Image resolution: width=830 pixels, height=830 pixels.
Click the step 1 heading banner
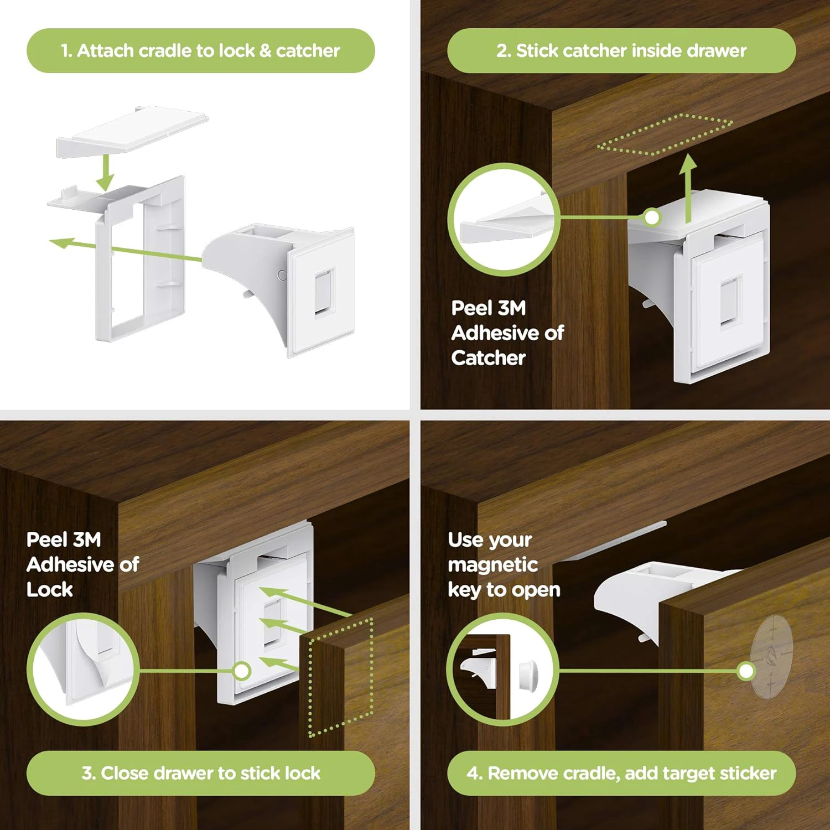coord(200,51)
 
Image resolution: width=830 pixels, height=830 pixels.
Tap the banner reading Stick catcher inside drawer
coord(621,51)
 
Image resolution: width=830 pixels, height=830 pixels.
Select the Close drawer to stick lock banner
coord(200,773)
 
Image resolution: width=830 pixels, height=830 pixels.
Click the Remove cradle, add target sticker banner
coord(621,773)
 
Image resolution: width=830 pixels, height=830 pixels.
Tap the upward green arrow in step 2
coord(688,188)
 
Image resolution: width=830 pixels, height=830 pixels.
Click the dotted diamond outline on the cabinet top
coord(664,135)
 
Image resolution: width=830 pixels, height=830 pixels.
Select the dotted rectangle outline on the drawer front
coord(340,678)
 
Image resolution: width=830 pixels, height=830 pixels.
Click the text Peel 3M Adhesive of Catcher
coord(506,333)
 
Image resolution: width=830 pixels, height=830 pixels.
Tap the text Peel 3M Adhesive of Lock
coord(82,564)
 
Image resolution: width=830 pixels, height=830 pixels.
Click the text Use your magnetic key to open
coord(504,564)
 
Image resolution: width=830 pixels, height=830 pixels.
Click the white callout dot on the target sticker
coord(746,671)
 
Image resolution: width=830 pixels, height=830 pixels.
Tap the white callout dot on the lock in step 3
coord(242,671)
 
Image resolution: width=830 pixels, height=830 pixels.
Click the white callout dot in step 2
coord(652,217)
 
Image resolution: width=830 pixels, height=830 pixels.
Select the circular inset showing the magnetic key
coord(502,670)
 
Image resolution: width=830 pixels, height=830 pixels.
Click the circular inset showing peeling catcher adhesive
coord(504,219)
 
